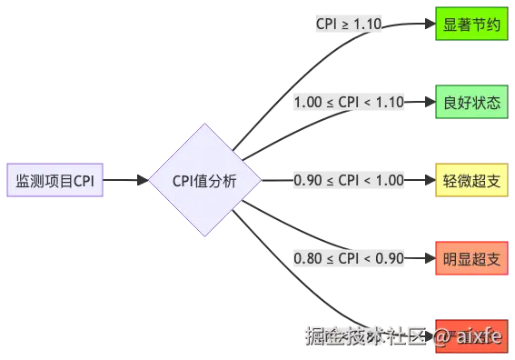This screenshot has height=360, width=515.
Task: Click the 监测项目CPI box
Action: [x=54, y=180]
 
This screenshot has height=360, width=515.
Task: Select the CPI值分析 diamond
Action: [x=204, y=180]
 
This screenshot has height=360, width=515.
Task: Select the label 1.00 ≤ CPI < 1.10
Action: [x=348, y=102]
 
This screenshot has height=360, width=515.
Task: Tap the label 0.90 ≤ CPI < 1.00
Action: [x=348, y=180]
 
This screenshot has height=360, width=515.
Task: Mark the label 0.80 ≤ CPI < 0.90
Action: [x=348, y=258]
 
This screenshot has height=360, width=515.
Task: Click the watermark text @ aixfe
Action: [x=467, y=335]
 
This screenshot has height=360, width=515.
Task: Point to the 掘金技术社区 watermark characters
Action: [x=363, y=335]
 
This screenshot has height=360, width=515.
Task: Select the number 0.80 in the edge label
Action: [x=309, y=258]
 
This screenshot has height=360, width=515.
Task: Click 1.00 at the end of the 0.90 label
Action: [x=387, y=180]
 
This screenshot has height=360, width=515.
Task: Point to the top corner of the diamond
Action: [x=204, y=125]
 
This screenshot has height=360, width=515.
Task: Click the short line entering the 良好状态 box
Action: [x=419, y=102]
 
